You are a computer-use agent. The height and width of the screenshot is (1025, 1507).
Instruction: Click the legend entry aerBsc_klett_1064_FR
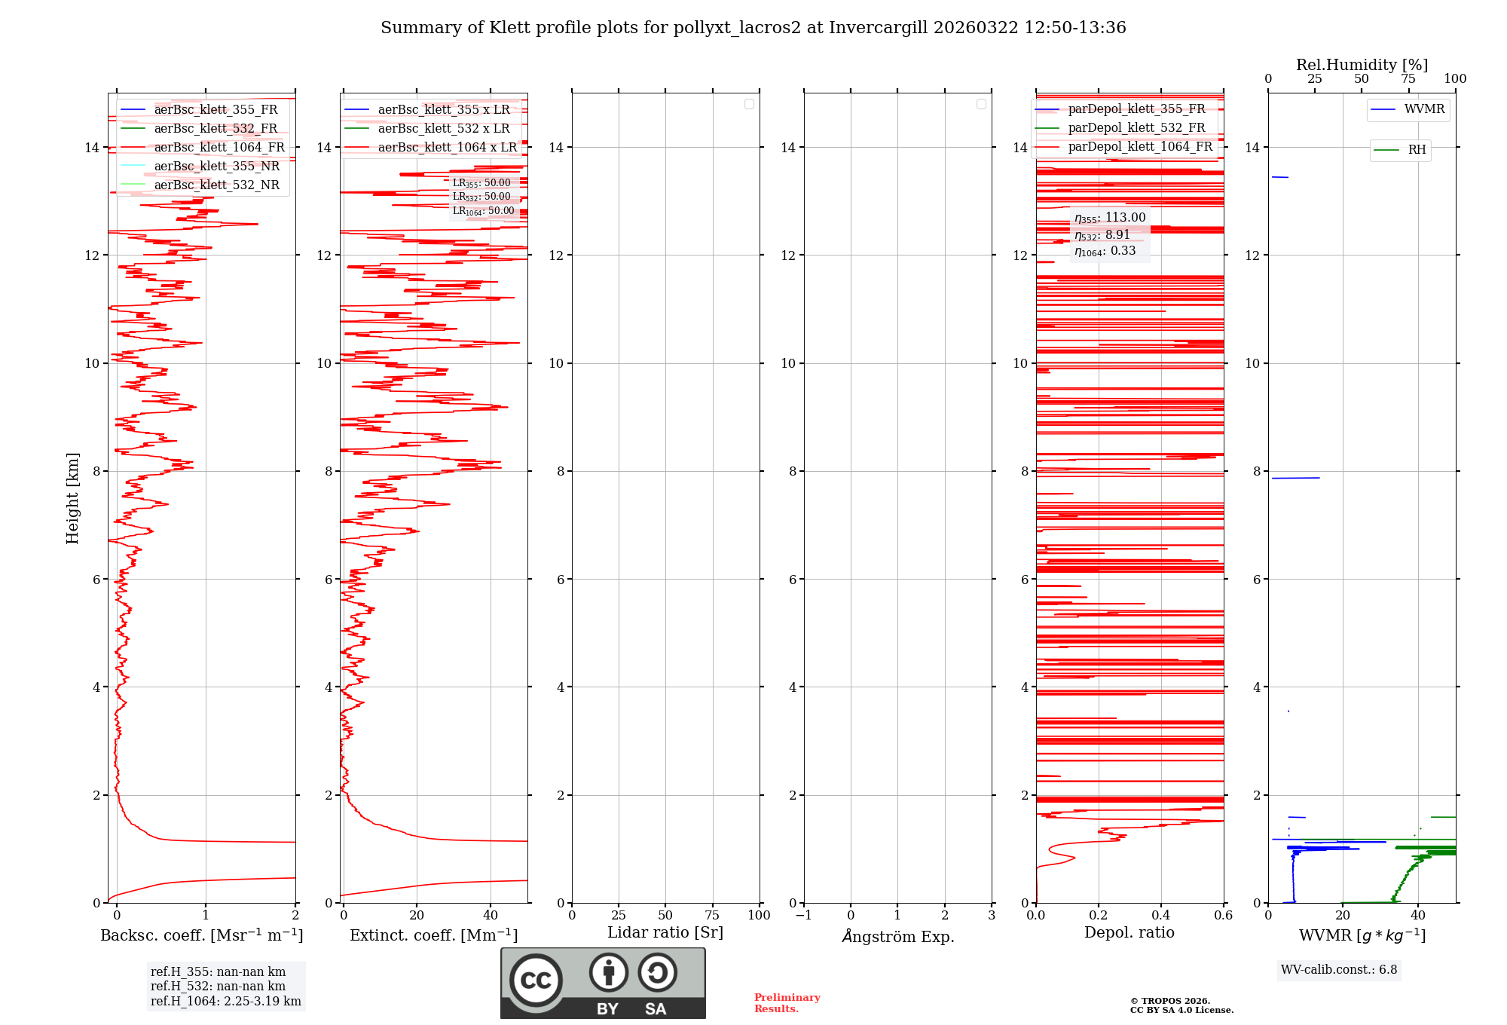219,148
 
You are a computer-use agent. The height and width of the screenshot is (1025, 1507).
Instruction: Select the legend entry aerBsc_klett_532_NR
216,185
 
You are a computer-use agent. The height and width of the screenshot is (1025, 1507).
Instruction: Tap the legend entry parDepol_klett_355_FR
1136,109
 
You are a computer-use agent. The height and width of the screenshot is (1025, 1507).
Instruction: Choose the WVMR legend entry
1423,109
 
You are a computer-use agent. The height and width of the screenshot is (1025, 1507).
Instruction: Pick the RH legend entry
1416,150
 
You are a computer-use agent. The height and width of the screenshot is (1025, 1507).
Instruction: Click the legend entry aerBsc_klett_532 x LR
443,129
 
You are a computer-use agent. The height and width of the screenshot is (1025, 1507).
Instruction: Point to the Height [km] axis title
72,497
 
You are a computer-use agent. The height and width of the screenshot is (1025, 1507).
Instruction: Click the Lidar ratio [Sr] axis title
665,933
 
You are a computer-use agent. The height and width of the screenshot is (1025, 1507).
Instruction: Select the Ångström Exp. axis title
897,937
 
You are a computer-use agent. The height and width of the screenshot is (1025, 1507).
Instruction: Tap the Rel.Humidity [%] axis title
1362,65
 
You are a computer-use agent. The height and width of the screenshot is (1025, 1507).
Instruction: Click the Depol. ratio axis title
1129,933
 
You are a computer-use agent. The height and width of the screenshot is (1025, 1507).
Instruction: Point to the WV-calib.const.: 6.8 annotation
1338,970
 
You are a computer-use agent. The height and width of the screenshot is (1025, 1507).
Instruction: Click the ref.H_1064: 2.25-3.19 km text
225,1002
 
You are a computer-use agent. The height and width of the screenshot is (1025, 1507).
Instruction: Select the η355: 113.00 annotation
1110,218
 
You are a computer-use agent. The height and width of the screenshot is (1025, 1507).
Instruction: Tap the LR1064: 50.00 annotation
483,211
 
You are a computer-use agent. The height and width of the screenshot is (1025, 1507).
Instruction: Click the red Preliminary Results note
787,1003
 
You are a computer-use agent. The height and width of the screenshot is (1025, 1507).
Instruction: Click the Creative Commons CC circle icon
536,981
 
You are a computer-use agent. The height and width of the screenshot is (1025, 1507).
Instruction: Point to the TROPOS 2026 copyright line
1169,1001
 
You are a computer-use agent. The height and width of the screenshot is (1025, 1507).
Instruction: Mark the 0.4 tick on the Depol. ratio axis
1161,916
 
